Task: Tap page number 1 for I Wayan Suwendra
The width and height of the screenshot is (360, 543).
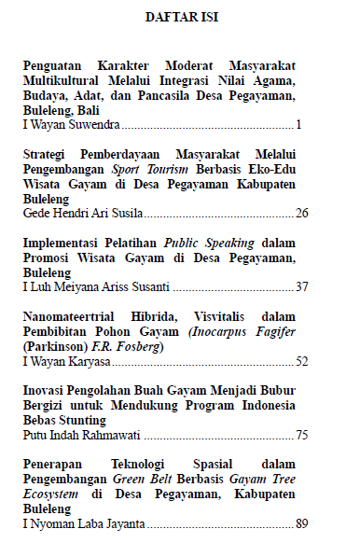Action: pyautogui.click(x=298, y=124)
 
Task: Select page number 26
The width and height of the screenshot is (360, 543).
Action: pyautogui.click(x=301, y=214)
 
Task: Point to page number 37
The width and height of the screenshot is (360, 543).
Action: pyautogui.click(x=301, y=286)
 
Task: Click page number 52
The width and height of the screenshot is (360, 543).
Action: pyautogui.click(x=301, y=361)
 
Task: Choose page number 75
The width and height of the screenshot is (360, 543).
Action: pyautogui.click(x=301, y=434)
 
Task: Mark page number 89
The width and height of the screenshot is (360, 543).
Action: pyautogui.click(x=301, y=523)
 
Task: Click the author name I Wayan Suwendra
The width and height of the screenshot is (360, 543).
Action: pyautogui.click(x=71, y=124)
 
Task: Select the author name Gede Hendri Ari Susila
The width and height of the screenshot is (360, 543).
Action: pyautogui.click(x=82, y=214)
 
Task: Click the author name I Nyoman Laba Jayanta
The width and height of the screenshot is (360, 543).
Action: pyautogui.click(x=80, y=523)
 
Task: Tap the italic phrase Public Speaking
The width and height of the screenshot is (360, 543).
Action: pyautogui.click(x=201, y=243)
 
